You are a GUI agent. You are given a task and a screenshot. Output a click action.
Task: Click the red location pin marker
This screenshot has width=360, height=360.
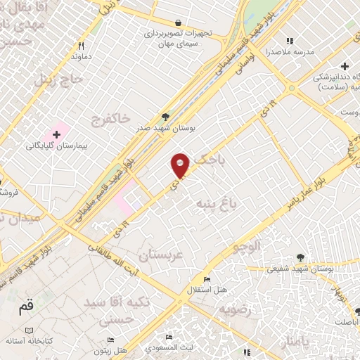pos(181,166)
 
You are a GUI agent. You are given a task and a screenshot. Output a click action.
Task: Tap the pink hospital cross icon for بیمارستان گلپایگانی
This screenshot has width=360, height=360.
pos(56,134)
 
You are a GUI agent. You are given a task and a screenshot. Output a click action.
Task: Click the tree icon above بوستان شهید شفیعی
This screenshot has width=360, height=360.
pos(301,257)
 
